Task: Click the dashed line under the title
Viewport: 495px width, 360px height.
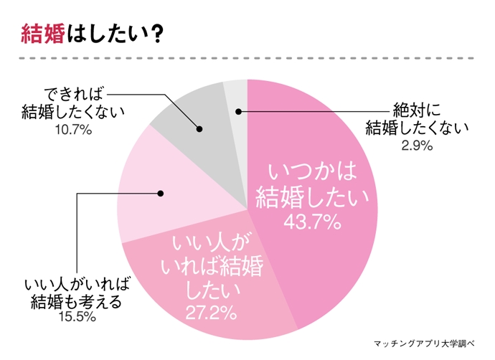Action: [x=247, y=57]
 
